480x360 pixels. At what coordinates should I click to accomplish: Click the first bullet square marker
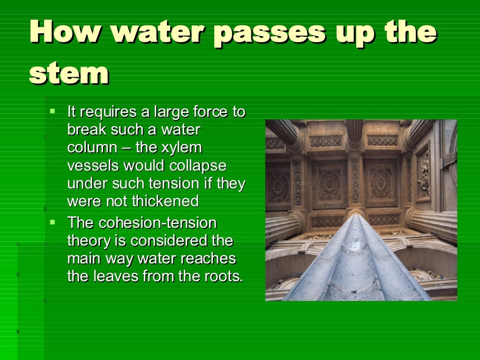pyautogui.click(x=52, y=112)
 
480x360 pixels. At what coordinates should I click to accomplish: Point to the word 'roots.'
pyautogui.click(x=221, y=276)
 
